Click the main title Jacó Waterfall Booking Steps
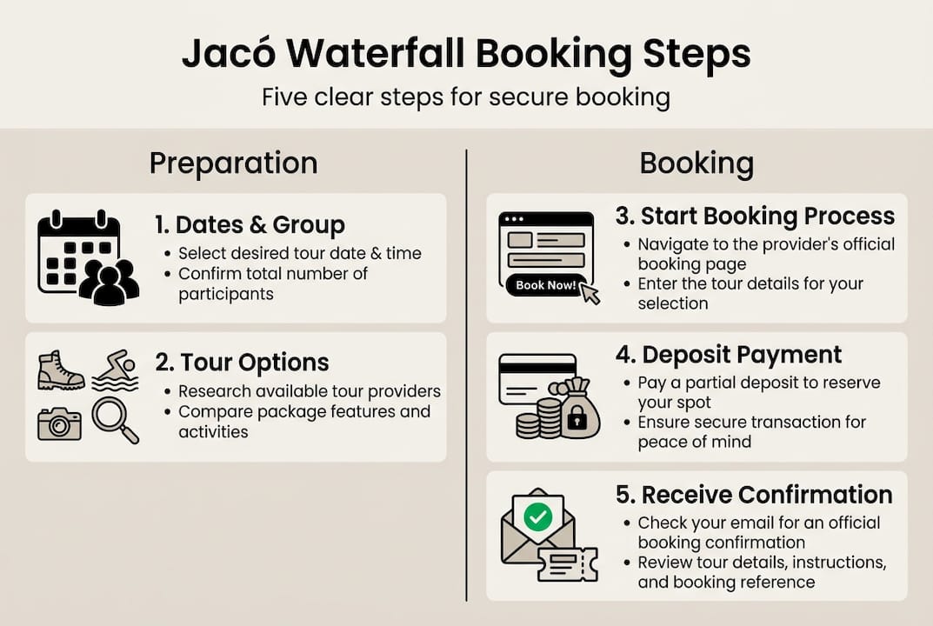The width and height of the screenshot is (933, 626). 466,53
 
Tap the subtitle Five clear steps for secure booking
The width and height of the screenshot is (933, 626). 466,96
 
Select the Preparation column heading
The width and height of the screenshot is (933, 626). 233,163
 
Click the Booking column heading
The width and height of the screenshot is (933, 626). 696,163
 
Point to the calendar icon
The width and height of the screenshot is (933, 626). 77,248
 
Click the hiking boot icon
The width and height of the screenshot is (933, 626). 61,370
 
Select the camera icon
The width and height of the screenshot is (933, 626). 59,423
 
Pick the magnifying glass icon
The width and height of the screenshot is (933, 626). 115,420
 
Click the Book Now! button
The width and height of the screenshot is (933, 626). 544,284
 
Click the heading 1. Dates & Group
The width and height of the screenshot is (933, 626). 250,225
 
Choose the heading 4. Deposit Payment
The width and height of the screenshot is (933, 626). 729,355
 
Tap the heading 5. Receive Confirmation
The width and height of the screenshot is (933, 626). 754,495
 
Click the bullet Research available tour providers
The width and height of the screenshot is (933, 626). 310,391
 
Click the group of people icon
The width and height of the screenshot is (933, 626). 110,283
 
